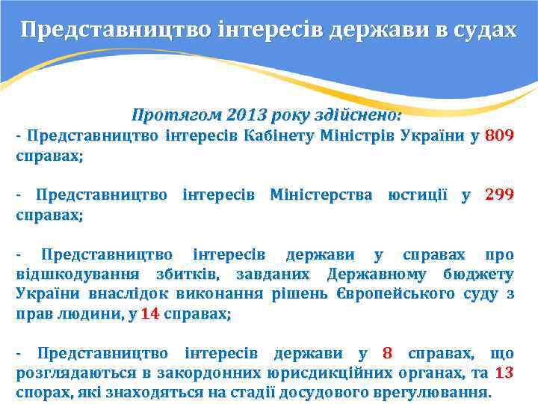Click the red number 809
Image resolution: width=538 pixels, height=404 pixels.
click(x=499, y=137)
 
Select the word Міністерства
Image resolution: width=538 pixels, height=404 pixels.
click(x=320, y=195)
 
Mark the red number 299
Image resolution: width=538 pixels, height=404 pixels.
click(x=499, y=195)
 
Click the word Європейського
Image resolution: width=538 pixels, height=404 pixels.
click(x=392, y=293)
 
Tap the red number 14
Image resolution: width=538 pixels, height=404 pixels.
click(x=150, y=313)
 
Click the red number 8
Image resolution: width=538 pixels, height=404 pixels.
click(x=387, y=353)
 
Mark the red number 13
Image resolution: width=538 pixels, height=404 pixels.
click(x=504, y=373)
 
